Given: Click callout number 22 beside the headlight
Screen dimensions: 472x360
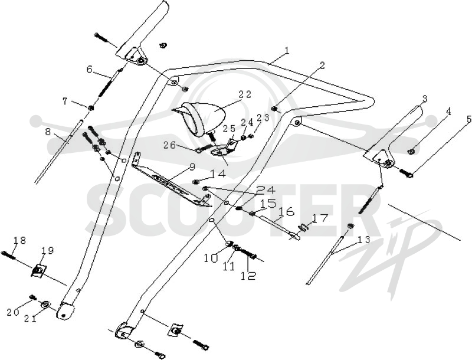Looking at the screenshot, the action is [244, 94].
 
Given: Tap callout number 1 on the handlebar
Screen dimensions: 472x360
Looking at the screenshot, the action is [287, 51].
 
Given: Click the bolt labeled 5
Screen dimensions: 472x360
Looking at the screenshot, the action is [406, 173].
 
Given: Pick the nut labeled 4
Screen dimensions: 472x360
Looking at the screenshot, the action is [410, 151].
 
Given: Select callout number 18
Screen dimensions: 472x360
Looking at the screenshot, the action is [20, 240].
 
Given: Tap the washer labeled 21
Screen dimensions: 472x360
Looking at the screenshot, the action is [46, 305].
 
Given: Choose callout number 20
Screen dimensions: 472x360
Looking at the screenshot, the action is [13, 312].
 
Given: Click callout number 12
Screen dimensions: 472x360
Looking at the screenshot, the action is [248, 276].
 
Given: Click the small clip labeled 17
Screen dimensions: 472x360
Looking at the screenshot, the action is [303, 228].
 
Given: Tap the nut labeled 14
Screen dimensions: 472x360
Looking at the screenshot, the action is [195, 181].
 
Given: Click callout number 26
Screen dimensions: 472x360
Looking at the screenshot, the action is [170, 145].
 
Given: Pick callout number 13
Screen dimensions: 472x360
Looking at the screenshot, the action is [363, 239].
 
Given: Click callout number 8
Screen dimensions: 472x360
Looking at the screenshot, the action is [48, 132].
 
